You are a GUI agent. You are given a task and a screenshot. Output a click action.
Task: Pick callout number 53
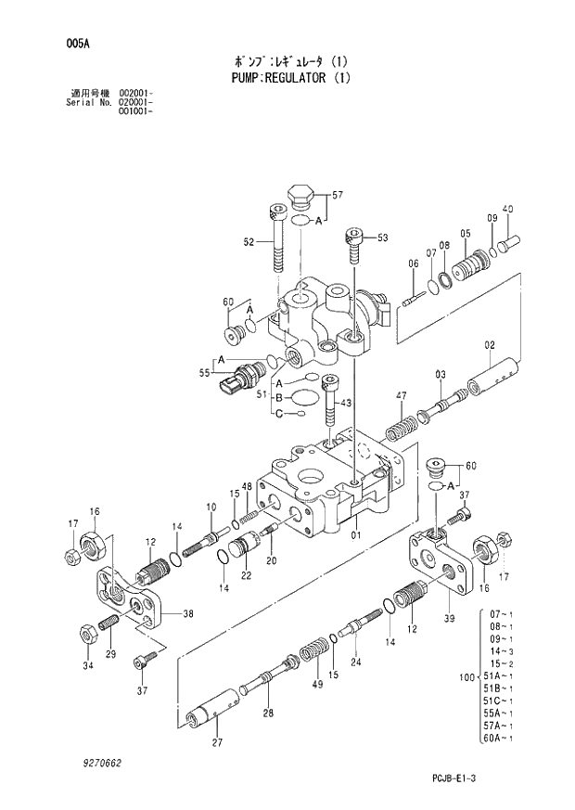pyautogui.click(x=382, y=238)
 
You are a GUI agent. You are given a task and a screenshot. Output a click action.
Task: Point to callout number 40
pyautogui.click(x=507, y=208)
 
